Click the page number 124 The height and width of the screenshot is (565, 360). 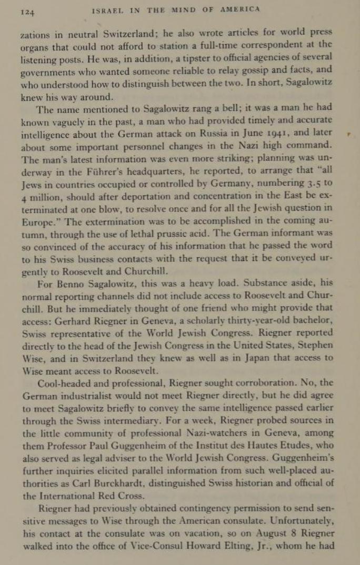click(x=27, y=10)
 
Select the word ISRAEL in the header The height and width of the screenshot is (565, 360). click(x=108, y=9)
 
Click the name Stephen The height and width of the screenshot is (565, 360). click(x=315, y=345)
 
